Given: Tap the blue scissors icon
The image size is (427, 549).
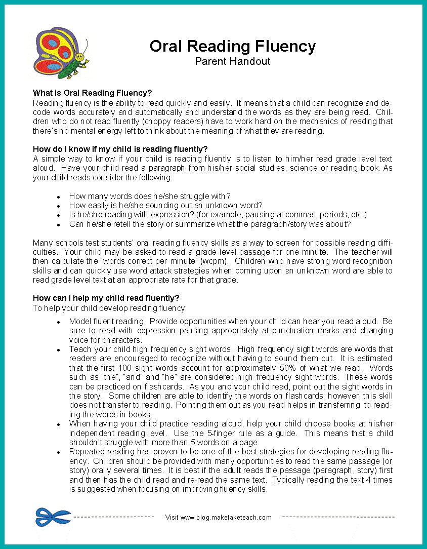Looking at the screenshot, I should pos(53,517).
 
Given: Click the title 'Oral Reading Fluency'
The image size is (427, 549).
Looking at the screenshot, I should pos(232,46).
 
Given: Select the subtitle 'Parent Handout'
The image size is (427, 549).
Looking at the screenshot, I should pos(232,61).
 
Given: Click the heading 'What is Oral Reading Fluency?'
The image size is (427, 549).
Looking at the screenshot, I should pos(92,93).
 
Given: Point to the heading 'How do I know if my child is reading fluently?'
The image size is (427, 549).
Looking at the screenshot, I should pos(120,149).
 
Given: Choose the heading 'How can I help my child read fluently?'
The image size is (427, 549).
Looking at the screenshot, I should pos(106,298).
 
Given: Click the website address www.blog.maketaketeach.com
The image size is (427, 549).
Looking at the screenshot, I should pos(226,517).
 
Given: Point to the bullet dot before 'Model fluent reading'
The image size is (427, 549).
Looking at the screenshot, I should pos(59,322).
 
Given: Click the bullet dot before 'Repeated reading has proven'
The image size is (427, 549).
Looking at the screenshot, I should pos(59,452).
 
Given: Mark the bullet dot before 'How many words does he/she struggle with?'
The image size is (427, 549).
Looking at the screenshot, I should pos(59,197).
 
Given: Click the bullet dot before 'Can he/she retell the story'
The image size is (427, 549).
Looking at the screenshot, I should pos(59,224).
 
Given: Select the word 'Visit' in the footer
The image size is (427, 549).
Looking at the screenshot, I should pos(172,517).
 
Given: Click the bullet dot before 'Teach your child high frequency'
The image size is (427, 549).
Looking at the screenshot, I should pos(59,350).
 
